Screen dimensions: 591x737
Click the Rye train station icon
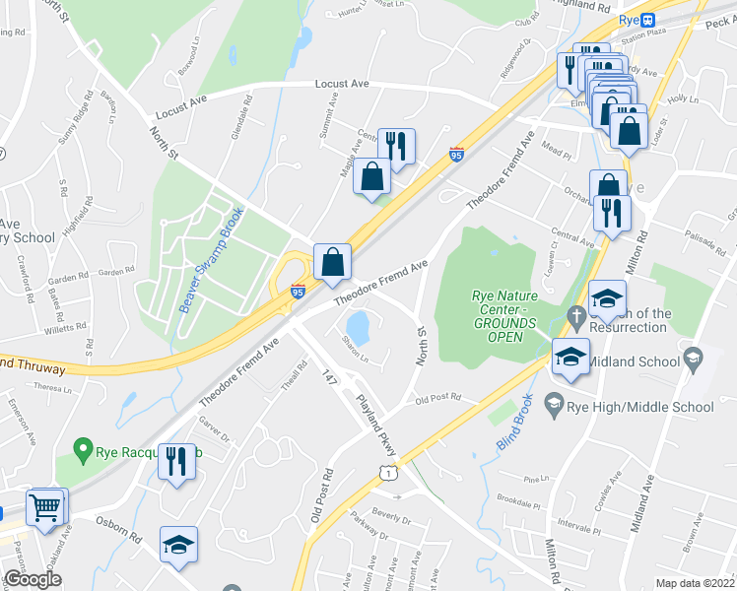[x=648, y=20]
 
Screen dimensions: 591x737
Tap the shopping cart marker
[x=45, y=508]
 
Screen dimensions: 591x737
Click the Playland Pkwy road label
[x=377, y=427]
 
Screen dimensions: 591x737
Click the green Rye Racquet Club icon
[x=86, y=453]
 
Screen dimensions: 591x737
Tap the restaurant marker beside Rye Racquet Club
[x=176, y=460]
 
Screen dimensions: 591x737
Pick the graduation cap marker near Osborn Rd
[x=178, y=544]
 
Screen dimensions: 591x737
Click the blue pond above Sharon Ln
[x=358, y=324]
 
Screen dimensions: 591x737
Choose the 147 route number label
[x=329, y=375]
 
